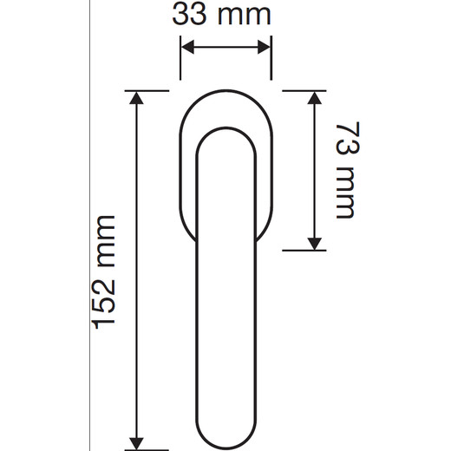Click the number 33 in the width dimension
189,15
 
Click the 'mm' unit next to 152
107,241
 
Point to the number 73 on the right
348,138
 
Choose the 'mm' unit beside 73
345,193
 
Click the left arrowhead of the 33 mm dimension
187,47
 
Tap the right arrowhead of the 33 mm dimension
265,47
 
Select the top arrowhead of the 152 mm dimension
136,98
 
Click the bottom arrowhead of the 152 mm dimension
136,443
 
